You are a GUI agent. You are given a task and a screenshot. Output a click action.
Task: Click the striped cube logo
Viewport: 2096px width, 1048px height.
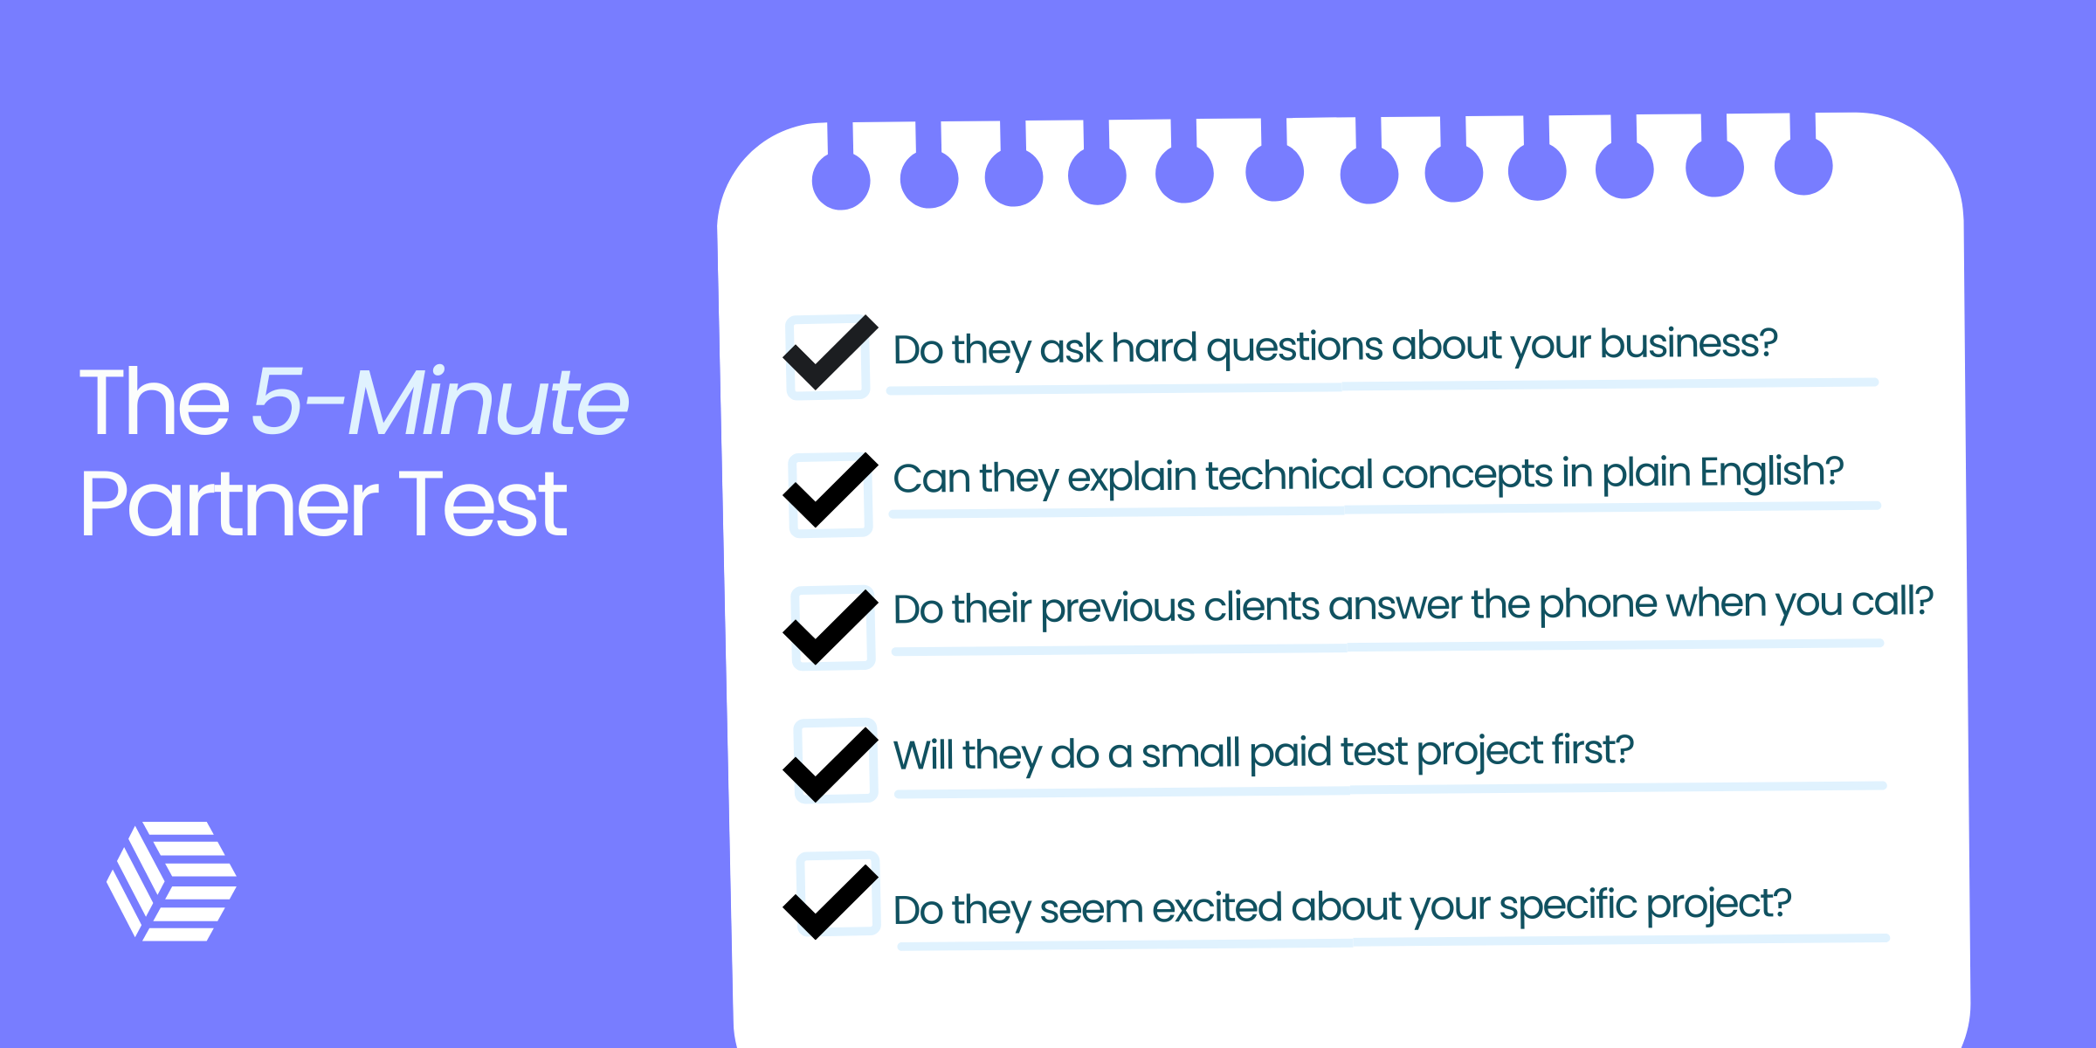pyautogui.click(x=171, y=881)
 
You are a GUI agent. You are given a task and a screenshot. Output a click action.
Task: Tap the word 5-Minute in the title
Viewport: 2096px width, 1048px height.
pyautogui.click(x=440, y=402)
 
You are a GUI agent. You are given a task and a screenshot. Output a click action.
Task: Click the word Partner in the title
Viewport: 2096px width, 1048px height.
pyautogui.click(x=229, y=504)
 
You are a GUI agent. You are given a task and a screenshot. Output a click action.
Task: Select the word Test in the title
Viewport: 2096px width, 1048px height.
pyautogui.click(x=483, y=504)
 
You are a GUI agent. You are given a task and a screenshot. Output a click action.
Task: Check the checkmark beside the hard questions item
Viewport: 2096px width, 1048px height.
pyautogui.click(x=830, y=354)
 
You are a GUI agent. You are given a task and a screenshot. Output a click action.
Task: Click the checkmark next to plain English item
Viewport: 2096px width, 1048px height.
pyautogui.click(x=830, y=491)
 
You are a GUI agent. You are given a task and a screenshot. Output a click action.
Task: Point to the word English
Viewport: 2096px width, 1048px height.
pyautogui.click(x=1771, y=472)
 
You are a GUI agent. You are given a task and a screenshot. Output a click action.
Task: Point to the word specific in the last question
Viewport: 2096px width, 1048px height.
pyautogui.click(x=1568, y=906)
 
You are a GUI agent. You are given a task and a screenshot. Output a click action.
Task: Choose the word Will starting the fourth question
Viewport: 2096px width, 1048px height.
pyautogui.click(x=924, y=755)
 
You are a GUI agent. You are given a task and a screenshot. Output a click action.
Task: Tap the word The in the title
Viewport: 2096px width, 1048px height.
pyautogui.click(x=155, y=403)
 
